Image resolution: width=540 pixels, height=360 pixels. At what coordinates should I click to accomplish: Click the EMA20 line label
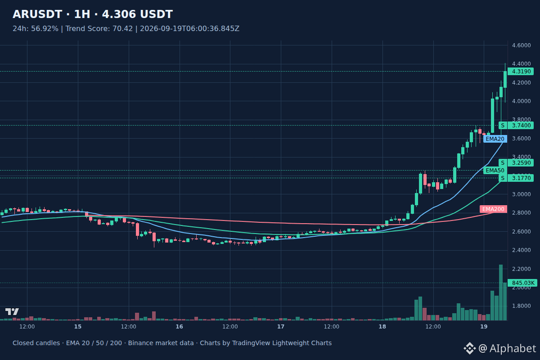point(495,139)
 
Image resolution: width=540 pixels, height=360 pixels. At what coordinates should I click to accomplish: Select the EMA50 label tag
point(495,171)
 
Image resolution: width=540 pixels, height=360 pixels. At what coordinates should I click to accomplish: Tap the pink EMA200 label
point(493,209)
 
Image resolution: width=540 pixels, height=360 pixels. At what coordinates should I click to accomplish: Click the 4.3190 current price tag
point(521,72)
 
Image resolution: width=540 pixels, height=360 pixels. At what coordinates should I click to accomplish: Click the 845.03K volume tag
point(522,283)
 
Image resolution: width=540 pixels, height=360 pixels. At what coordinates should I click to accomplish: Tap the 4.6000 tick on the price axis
point(521,45)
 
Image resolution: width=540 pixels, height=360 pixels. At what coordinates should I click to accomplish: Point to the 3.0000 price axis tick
point(521,194)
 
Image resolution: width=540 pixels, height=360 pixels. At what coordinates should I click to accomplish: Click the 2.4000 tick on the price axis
point(521,250)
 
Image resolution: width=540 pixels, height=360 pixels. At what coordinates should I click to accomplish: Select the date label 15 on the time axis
point(77,327)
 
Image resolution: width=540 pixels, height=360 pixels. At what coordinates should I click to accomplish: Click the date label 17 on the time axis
point(281,327)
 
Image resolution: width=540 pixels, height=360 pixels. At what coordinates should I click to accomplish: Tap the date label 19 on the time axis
point(484,327)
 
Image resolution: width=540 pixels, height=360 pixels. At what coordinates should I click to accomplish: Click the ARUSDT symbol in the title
point(37,14)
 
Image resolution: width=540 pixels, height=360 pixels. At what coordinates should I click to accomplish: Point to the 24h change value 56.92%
point(45,29)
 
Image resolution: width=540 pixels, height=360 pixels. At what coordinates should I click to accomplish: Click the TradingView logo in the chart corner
point(12,311)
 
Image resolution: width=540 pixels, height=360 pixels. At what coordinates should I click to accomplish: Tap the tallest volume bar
point(501,292)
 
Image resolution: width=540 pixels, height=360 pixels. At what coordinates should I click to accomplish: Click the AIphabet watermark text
point(513,348)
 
